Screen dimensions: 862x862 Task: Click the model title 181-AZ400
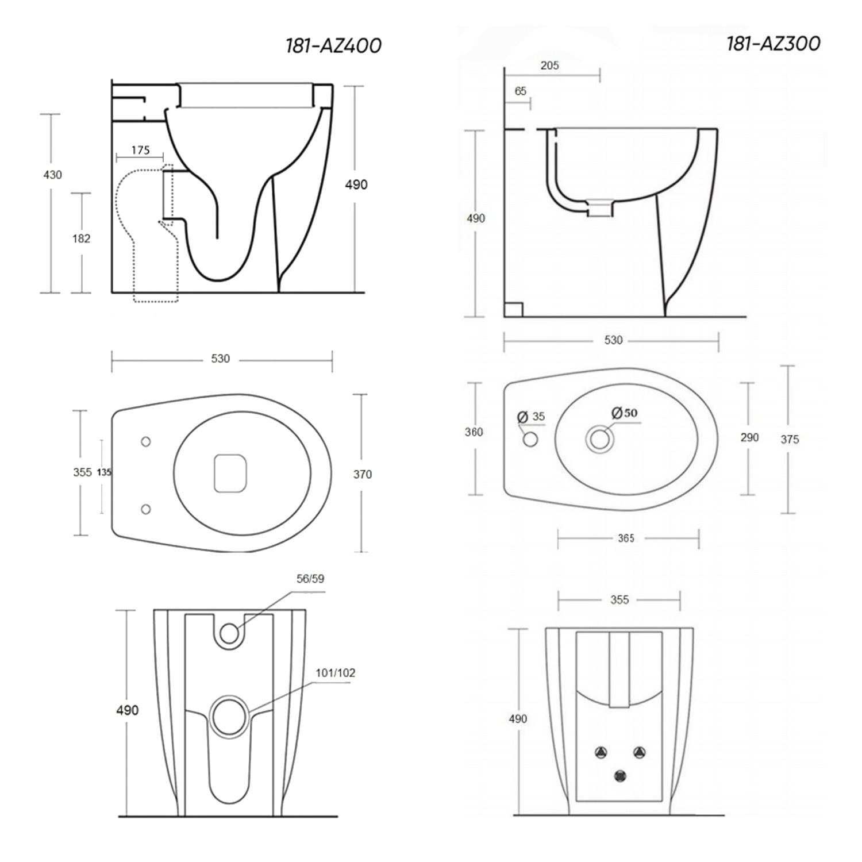[333, 46]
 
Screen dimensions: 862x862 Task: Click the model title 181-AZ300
[773, 44]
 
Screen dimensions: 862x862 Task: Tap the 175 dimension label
[140, 150]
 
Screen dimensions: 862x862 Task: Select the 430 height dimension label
[52, 175]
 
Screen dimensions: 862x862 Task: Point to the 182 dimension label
[81, 238]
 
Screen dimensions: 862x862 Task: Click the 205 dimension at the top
[549, 66]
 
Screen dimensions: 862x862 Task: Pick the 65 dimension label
[520, 91]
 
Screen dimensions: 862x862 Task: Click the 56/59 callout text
[310, 579]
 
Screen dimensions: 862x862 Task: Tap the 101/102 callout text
[335, 672]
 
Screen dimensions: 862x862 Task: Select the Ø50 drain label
[624, 413]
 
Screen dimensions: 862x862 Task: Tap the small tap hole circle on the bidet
[530, 440]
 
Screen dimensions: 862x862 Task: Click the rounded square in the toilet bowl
[230, 473]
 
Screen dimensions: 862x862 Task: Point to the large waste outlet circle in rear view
[229, 715]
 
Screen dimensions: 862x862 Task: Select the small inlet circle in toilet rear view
[229, 633]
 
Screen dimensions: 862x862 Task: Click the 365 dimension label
[626, 538]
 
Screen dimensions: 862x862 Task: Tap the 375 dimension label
[790, 440]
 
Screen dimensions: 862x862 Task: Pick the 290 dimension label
[749, 438]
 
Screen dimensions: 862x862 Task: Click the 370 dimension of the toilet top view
[362, 475]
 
